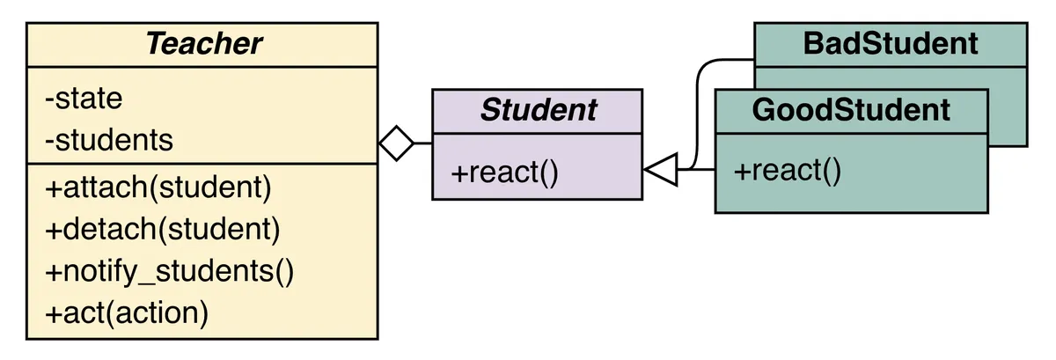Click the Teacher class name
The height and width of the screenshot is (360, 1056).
(203, 44)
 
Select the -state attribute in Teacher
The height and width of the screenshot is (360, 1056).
(84, 98)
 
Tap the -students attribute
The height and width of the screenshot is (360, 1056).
(108, 140)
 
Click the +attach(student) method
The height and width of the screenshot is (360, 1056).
(158, 187)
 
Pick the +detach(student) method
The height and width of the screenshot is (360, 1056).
(162, 230)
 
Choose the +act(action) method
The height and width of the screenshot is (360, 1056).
(127, 313)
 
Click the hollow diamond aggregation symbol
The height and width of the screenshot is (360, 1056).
(397, 143)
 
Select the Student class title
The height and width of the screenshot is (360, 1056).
(538, 110)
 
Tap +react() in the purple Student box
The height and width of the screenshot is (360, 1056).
(504, 173)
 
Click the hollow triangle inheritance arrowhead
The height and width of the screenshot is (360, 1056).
(663, 168)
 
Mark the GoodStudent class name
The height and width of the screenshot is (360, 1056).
(851, 110)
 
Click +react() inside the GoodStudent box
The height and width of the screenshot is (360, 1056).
(788, 171)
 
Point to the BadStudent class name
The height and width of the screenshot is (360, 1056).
(891, 43)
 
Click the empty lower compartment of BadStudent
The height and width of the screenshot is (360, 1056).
(1008, 106)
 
